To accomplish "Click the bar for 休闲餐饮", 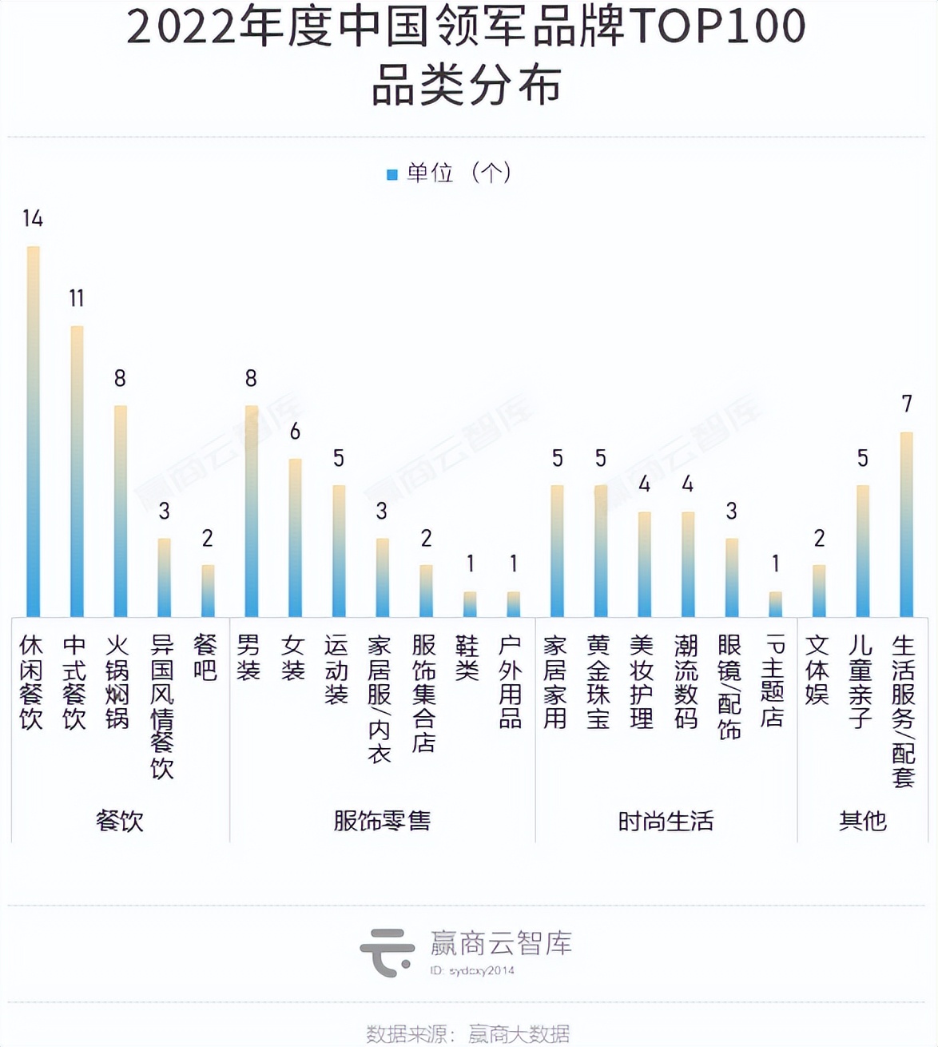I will (x=33, y=432).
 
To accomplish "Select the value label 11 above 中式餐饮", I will (x=77, y=298).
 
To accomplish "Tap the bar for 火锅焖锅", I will (x=121, y=512).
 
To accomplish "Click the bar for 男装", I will (x=251, y=512).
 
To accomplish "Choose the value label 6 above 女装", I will (x=295, y=432).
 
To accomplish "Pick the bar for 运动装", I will (x=339, y=551).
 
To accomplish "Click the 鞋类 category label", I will (x=467, y=658).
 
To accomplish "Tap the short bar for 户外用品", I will (x=514, y=604).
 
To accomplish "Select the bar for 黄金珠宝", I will (x=601, y=551).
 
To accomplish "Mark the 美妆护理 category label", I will (x=642, y=682).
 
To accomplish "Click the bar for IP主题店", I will (x=775, y=604).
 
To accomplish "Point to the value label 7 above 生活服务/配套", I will (x=907, y=404).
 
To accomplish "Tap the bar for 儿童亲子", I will (x=863, y=551).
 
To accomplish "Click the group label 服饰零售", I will (x=382, y=821).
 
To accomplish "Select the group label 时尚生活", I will (x=666, y=821).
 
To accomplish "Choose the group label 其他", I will (x=863, y=821).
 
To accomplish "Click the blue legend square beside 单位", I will (x=392, y=174).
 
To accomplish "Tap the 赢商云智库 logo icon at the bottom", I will (x=388, y=952).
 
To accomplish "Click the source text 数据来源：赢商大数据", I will (x=468, y=1033).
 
